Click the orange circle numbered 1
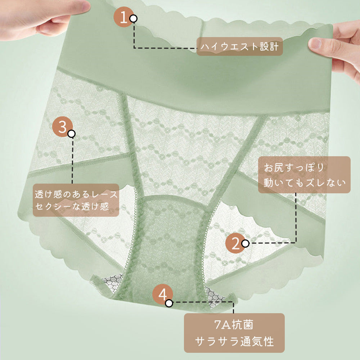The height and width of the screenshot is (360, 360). click(x=124, y=17)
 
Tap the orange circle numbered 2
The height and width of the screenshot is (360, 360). click(x=235, y=243)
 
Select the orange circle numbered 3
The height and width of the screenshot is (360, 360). click(x=62, y=127)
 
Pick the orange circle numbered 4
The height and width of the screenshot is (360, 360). click(x=163, y=294)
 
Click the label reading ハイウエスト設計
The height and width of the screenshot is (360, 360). click(x=240, y=46)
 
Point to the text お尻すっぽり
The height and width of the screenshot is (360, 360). click(x=294, y=167)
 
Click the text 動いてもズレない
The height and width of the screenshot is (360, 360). click(x=305, y=183)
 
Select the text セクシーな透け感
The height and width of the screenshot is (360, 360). click(x=72, y=206)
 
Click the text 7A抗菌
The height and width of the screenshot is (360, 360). click(x=234, y=325)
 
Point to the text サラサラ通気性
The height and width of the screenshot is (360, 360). click(x=234, y=341)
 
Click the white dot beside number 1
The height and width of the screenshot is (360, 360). click(x=134, y=18)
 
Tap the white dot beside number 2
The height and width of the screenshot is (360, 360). click(x=246, y=243)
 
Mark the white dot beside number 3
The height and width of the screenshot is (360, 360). click(x=72, y=134)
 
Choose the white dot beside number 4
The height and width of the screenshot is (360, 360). click(x=169, y=303)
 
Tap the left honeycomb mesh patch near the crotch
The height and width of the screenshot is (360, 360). click(x=112, y=282)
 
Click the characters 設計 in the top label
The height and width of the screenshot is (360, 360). click(x=269, y=46)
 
